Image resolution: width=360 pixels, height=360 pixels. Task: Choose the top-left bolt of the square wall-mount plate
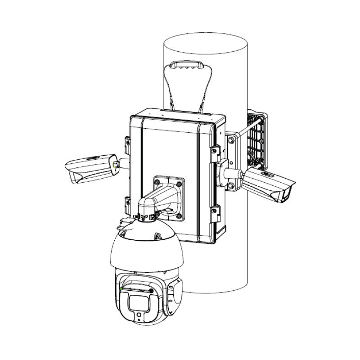pyautogui.click(x=157, y=182)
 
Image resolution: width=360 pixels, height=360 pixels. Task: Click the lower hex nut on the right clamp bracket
pyautogui.click(x=231, y=184)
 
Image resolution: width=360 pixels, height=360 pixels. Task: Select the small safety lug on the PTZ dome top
pyautogui.click(x=158, y=235)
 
